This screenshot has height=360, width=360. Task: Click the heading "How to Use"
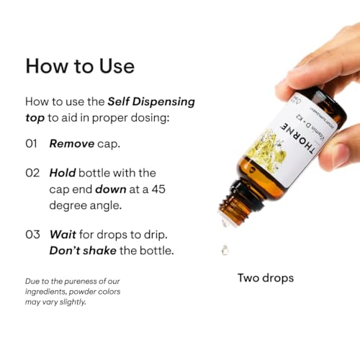pos(79,66)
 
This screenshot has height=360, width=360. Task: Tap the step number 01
pos(32,143)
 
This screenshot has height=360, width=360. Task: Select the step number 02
pos(32,173)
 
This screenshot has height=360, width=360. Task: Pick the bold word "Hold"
pos(63,173)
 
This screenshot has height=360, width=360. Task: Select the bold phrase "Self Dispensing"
pos(150,102)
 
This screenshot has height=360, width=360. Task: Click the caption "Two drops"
pos(266,277)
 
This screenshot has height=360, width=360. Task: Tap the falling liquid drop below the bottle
pos(226,251)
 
